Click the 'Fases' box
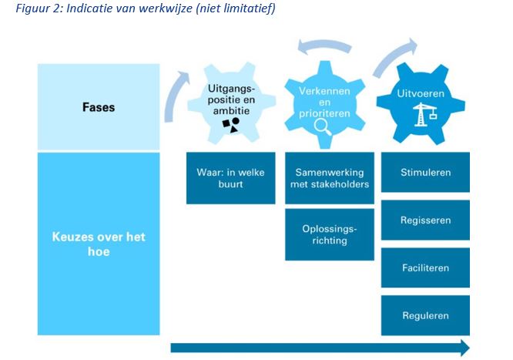coord(99,107)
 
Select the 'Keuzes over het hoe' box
coord(99,244)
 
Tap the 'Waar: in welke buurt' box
coord(230,178)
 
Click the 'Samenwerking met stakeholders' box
coord(329,178)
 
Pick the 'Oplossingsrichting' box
coord(329,234)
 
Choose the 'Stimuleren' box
coord(425,173)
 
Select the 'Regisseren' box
coord(425,220)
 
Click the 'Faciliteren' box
coord(425,268)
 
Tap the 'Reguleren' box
coord(425,316)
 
